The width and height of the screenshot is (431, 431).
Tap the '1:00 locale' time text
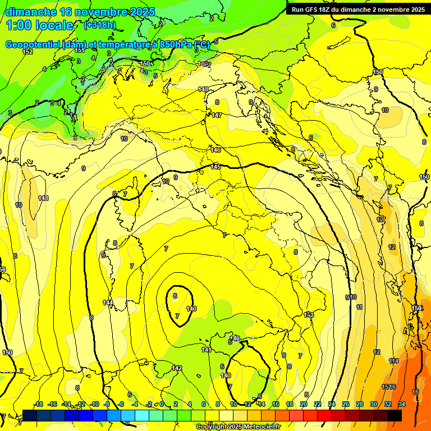tap(39, 26)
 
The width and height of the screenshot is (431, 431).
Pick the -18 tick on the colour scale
tap(38, 404)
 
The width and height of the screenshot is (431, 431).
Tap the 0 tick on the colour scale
tap(162, 404)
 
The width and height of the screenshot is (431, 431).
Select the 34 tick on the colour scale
tap(402, 404)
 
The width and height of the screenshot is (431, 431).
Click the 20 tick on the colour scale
tap(304, 404)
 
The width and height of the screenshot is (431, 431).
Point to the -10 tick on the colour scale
tap(94, 404)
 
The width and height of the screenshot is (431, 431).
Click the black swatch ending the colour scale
tap(395, 415)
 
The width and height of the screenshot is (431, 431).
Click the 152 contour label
tap(27, 52)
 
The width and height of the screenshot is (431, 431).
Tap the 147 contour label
tap(217, 115)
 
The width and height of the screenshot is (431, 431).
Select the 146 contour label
tap(215, 150)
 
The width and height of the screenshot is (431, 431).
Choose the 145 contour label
tap(215, 167)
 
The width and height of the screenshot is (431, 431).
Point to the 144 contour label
tap(108, 302)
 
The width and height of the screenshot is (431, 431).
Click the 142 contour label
tap(177, 368)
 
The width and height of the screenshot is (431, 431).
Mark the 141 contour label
tap(207, 350)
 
